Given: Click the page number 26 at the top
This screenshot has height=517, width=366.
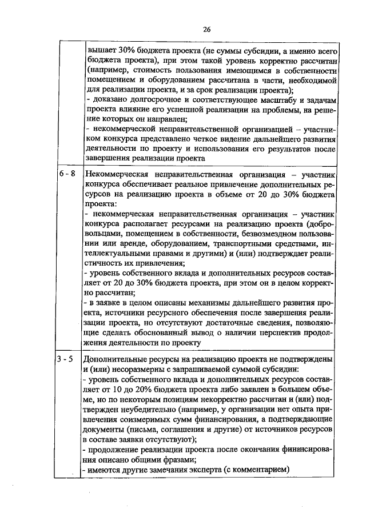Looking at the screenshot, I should pyautogui.click(x=206, y=29).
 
